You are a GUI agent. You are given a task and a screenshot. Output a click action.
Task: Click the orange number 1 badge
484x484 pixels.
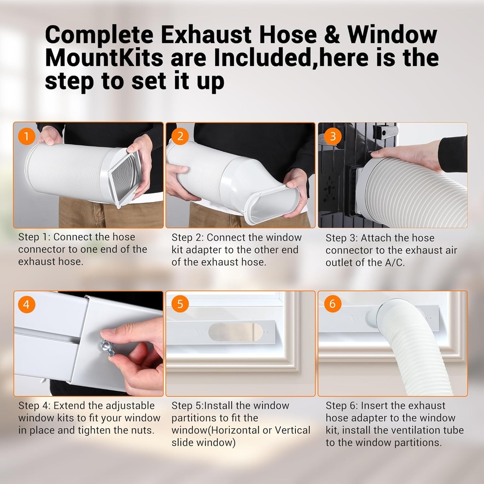tap(26, 137)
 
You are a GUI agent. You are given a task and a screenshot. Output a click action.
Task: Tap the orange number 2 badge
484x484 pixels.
tap(180, 137)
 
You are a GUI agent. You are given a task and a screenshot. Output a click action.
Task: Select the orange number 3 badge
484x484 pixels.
tap(333, 137)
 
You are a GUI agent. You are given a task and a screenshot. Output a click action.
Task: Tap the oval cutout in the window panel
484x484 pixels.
tap(235, 332)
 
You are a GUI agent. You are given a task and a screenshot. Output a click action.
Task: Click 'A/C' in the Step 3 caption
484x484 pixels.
tap(394, 263)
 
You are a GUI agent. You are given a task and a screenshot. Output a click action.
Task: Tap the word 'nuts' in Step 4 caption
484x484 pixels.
tap(142, 431)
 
